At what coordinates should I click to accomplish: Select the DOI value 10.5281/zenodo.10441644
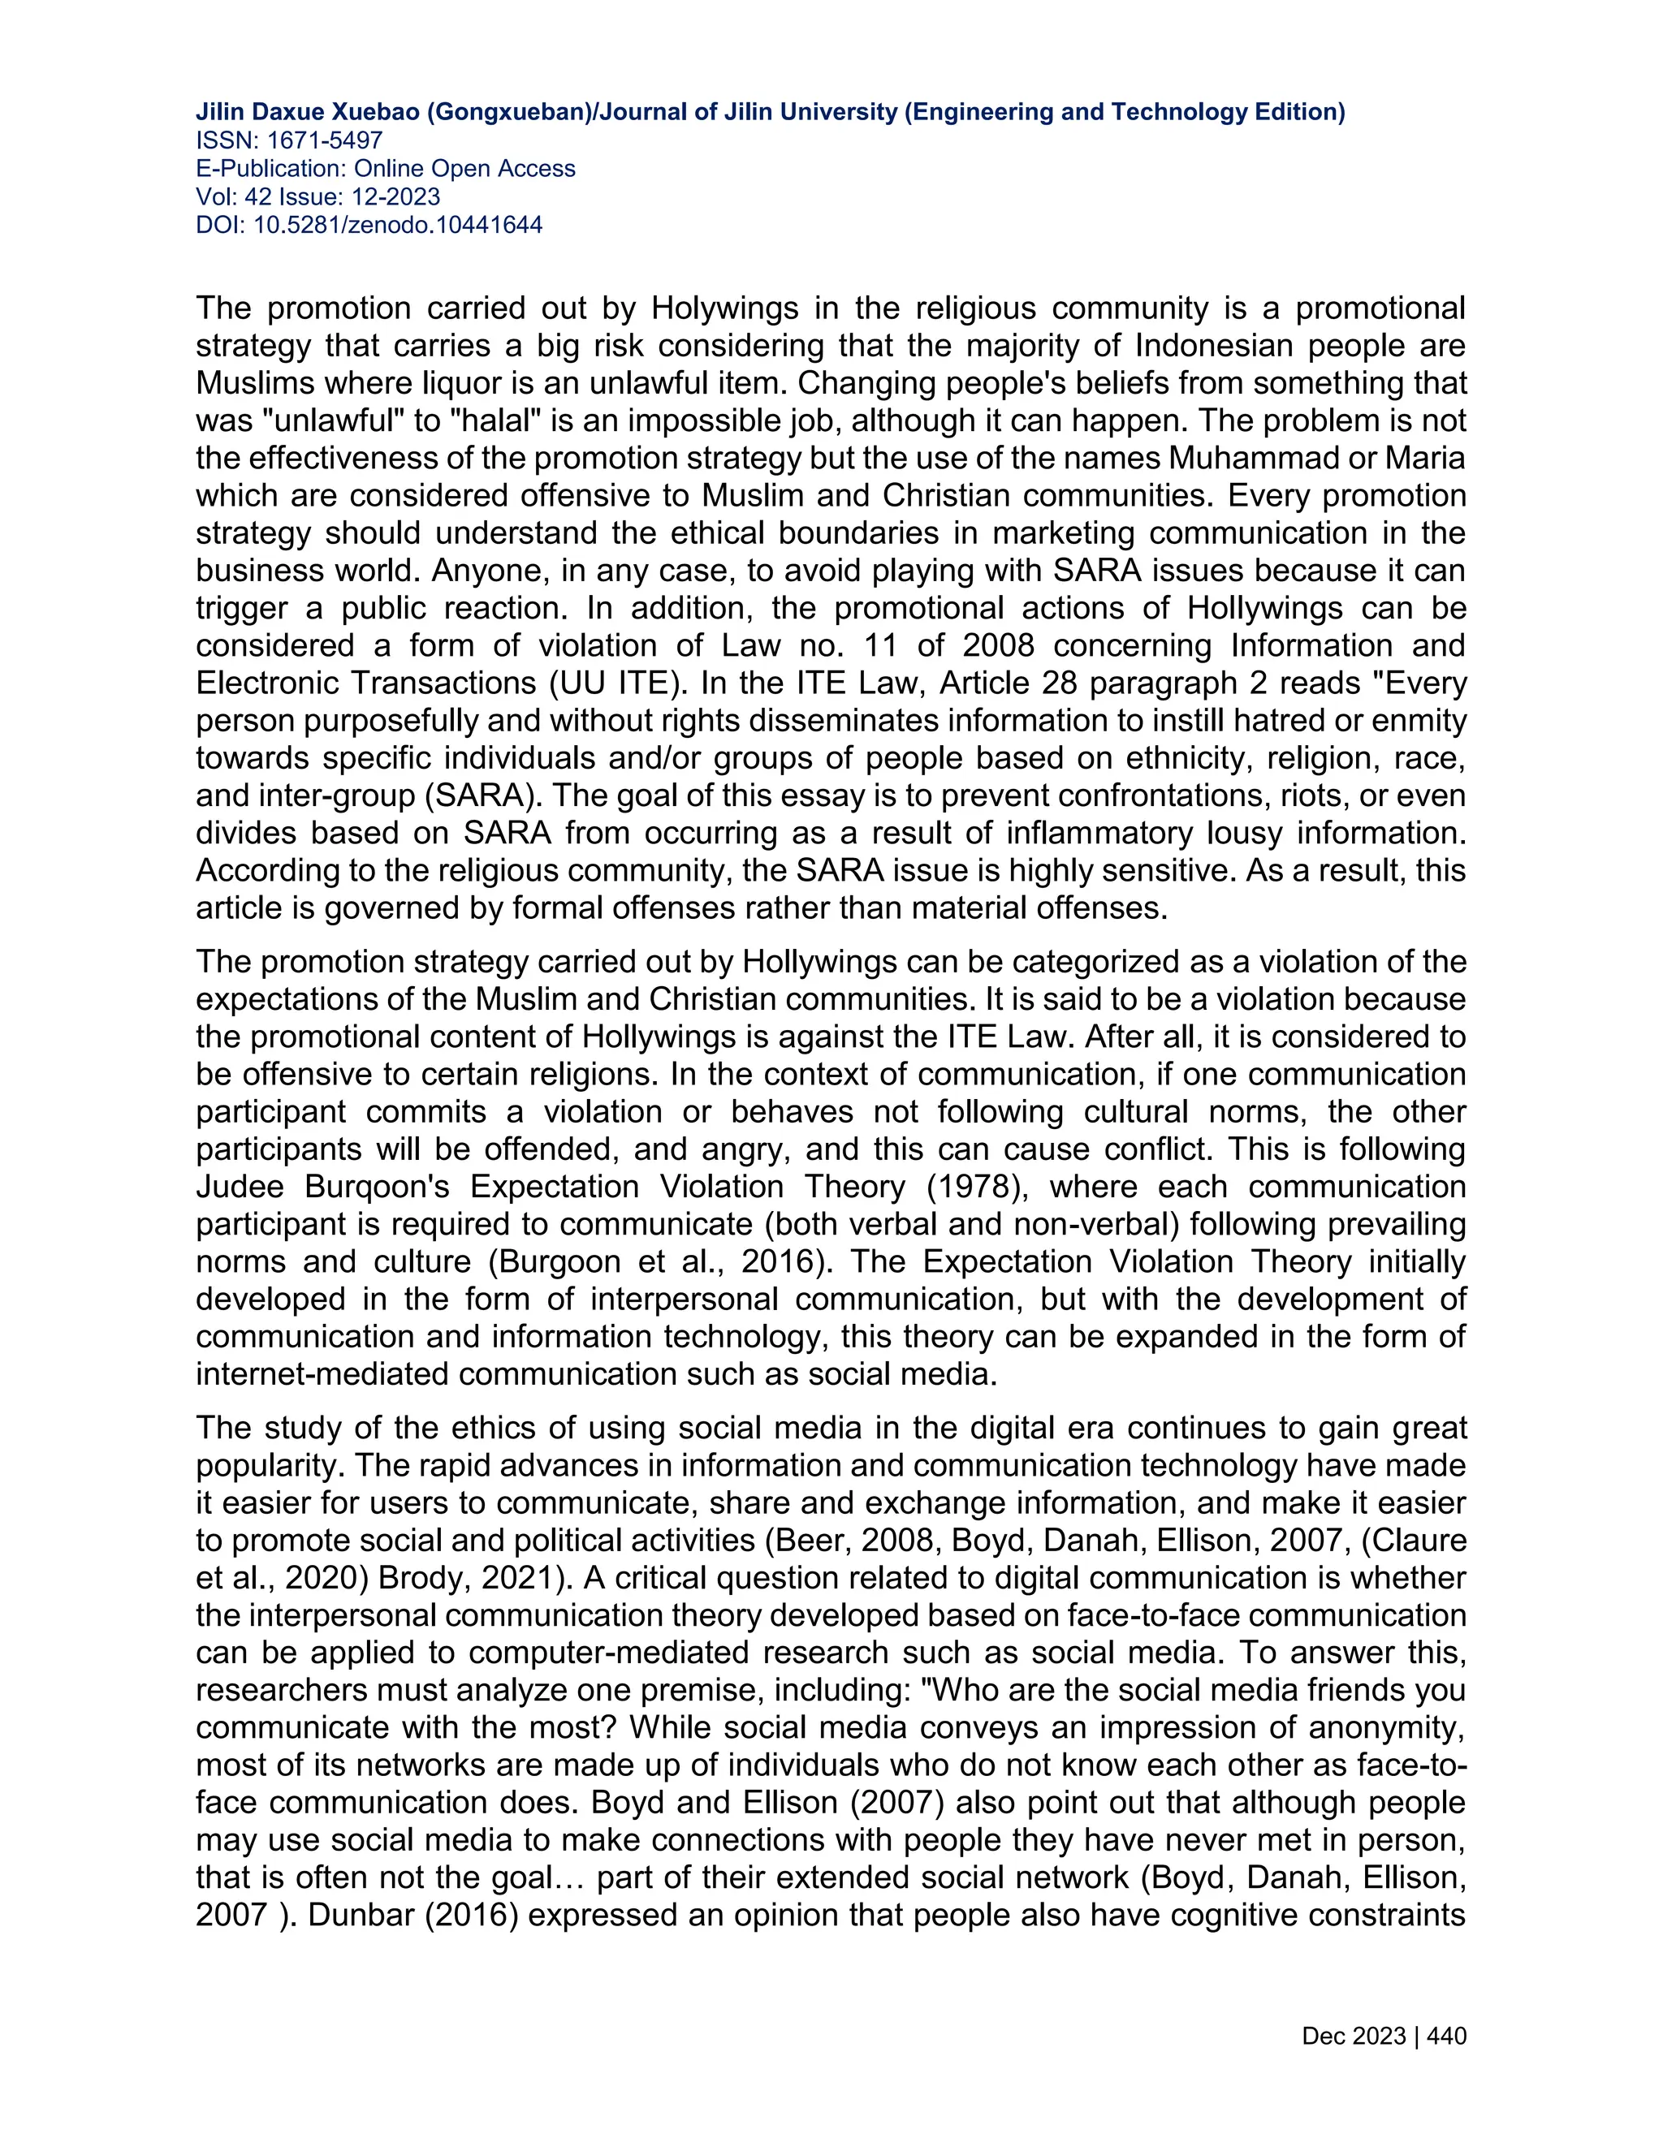398,226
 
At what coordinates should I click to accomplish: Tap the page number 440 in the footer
1446,2036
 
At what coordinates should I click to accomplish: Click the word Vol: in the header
216,197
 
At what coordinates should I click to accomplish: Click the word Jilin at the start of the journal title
221,112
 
